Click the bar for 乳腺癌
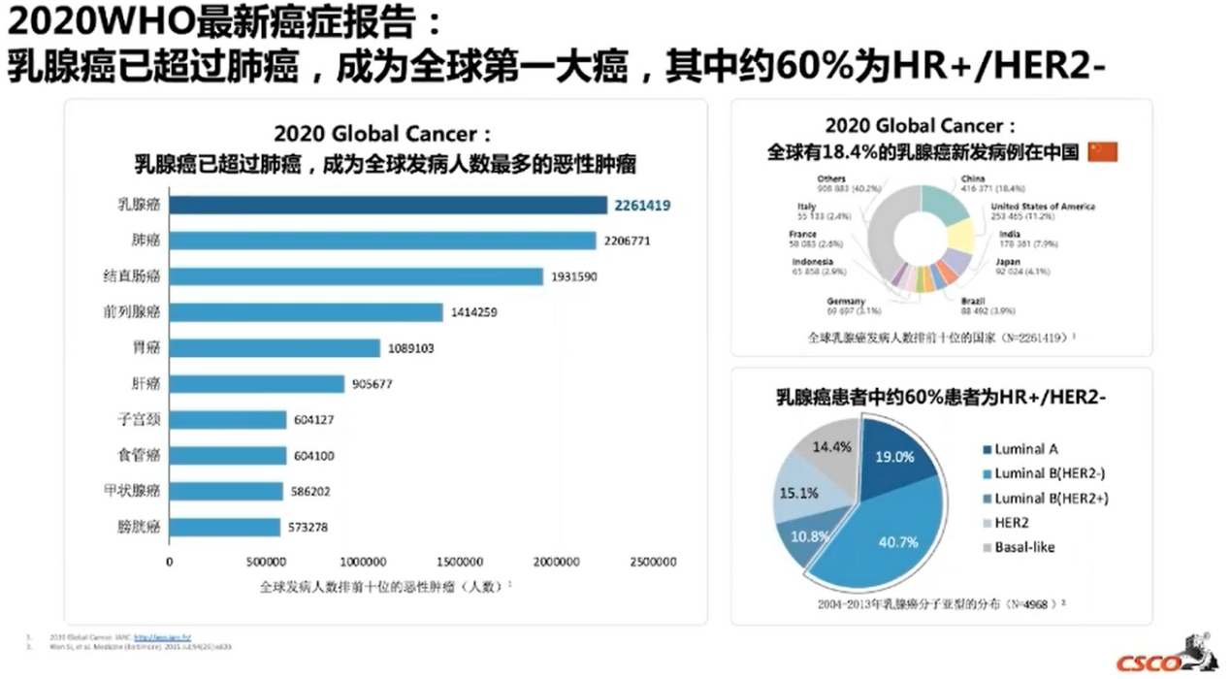388,205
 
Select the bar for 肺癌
382,241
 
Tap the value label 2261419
641,205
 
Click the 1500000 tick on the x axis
459,563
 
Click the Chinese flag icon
1103,151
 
